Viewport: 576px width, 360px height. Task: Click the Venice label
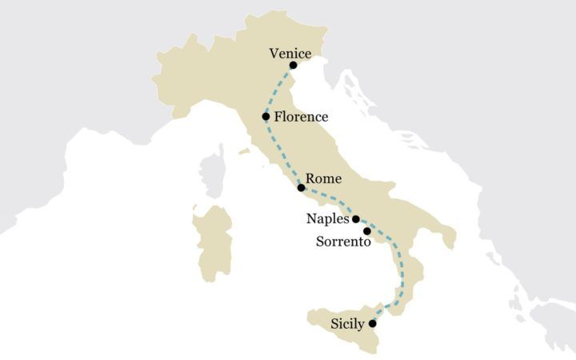290,53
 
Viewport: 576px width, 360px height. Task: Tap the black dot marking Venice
294,65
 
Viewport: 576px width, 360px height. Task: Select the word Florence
301,117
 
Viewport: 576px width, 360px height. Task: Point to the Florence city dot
266,116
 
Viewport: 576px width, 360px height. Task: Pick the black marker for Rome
301,188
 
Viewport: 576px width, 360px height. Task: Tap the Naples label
328,218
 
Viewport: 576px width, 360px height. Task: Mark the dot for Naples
356,218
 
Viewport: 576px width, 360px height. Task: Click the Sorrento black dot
366,231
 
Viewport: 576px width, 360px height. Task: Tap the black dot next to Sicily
372,323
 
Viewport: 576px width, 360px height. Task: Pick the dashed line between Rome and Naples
329,204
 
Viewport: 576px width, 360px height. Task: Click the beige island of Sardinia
213,240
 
